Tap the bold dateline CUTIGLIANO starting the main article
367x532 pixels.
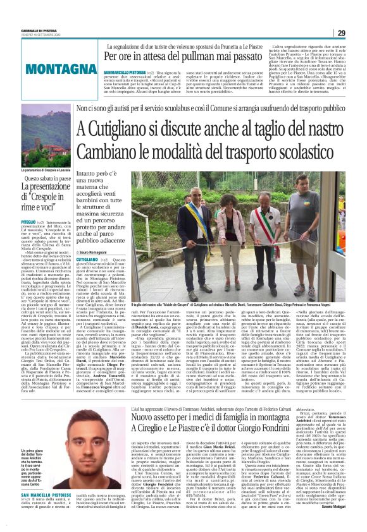88,259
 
